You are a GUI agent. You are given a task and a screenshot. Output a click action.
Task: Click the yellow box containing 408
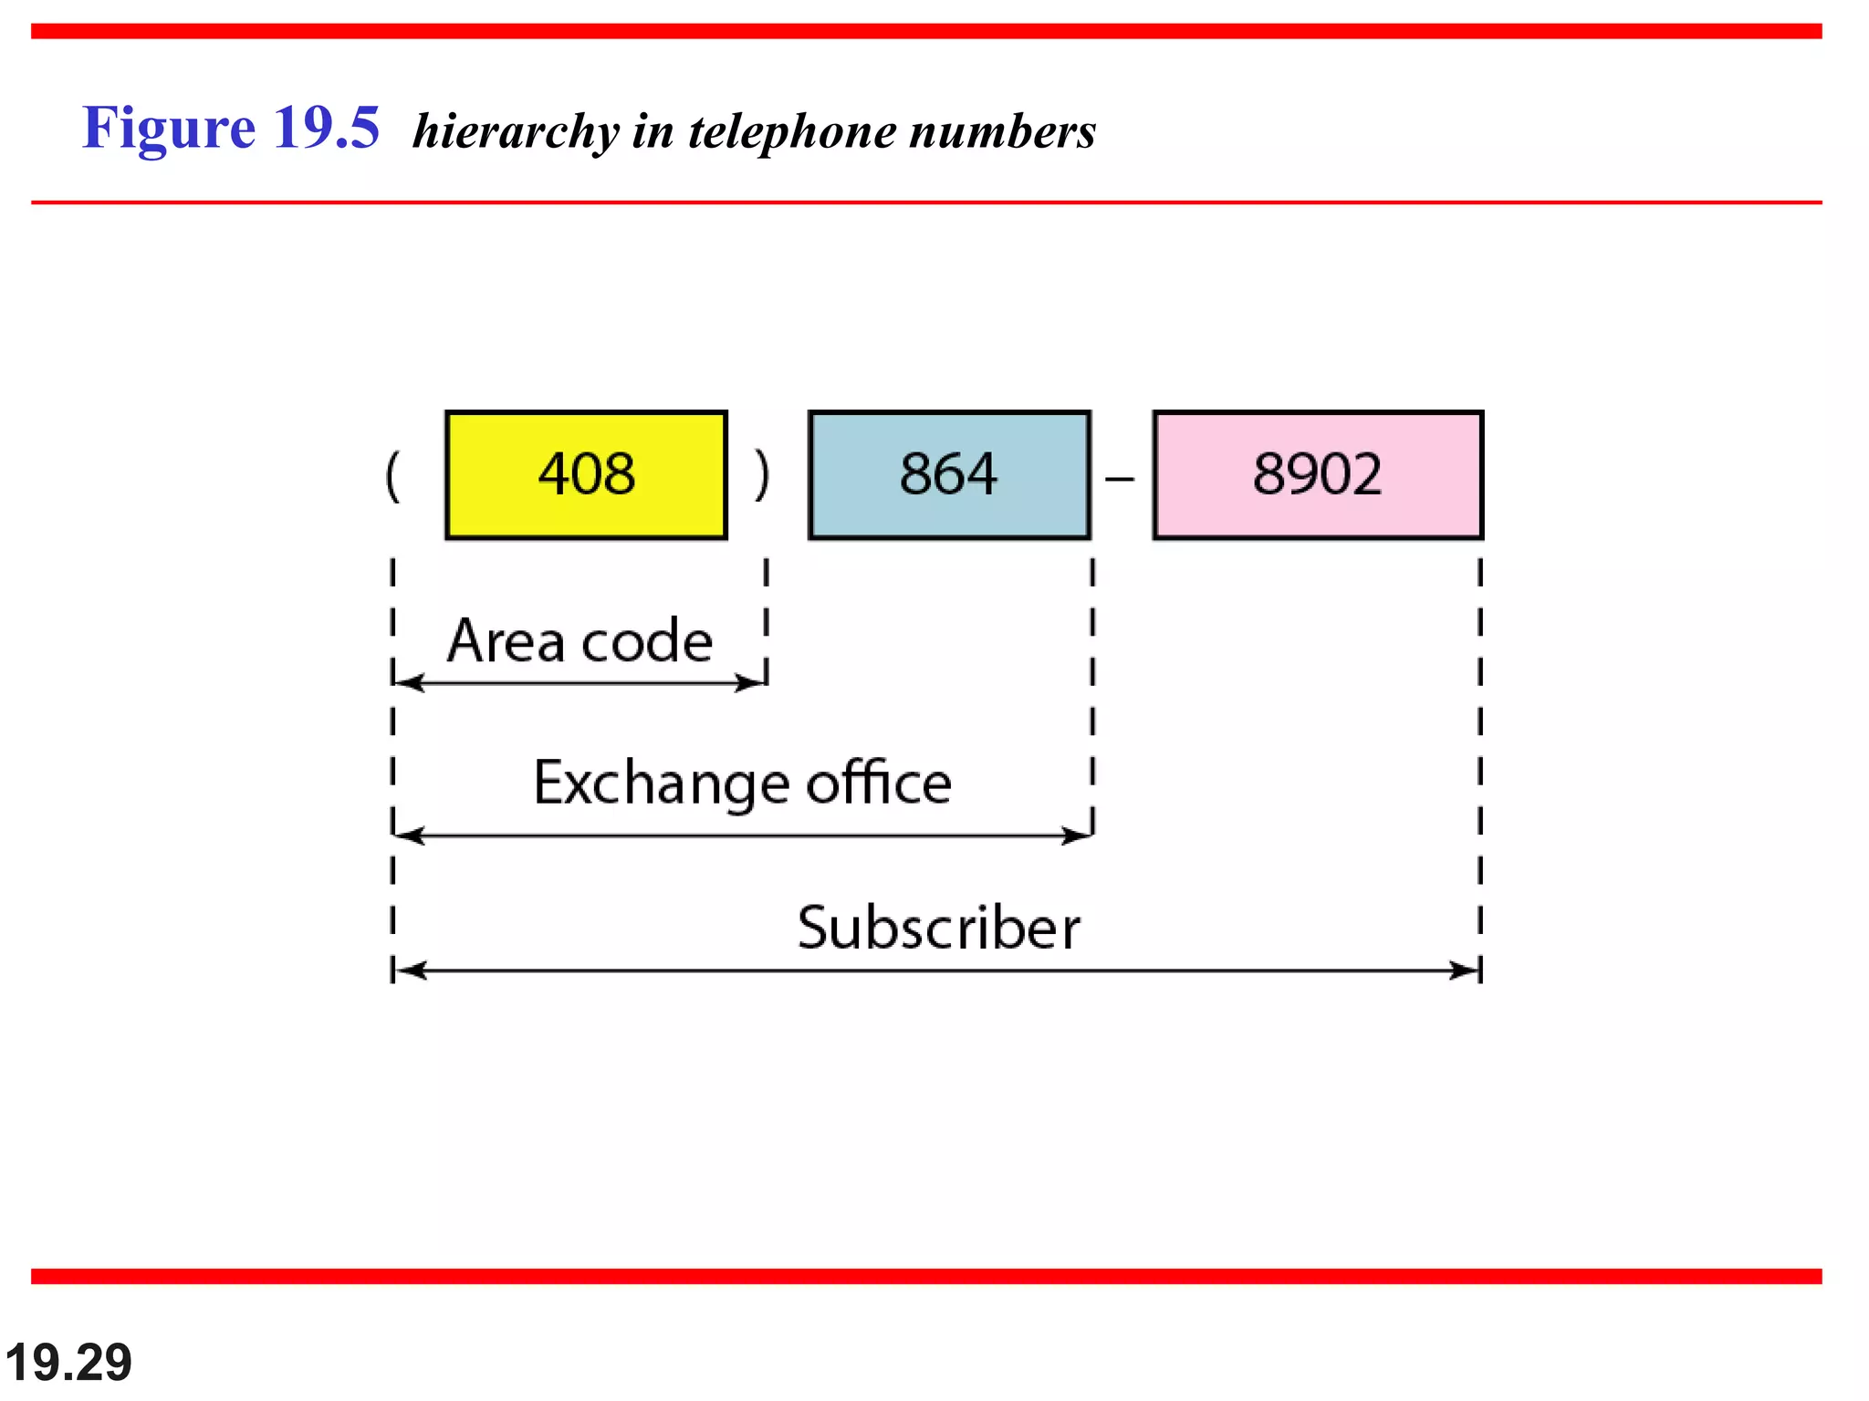pos(586,475)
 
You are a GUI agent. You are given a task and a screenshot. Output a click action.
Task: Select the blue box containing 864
pos(949,475)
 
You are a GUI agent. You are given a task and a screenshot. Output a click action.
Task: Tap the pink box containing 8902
pos(1317,475)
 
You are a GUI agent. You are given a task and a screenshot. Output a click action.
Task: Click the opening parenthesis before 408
pos(392,475)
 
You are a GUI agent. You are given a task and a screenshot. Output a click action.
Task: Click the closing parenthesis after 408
pos(762,475)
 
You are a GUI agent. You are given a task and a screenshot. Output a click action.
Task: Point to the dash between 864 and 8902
pos(1120,478)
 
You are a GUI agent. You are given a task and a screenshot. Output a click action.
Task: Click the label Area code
pos(579,641)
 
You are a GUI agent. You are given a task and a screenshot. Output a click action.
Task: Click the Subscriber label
pos(938,928)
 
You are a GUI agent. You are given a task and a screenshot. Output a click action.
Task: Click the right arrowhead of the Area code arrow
pos(752,683)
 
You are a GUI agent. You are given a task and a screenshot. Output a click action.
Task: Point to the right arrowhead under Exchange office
pos(1078,835)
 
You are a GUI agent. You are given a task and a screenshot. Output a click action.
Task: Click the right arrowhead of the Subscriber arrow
pos(1466,970)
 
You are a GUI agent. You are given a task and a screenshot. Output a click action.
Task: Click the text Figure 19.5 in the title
pos(231,128)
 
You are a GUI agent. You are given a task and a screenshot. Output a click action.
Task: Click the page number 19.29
pos(68,1363)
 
